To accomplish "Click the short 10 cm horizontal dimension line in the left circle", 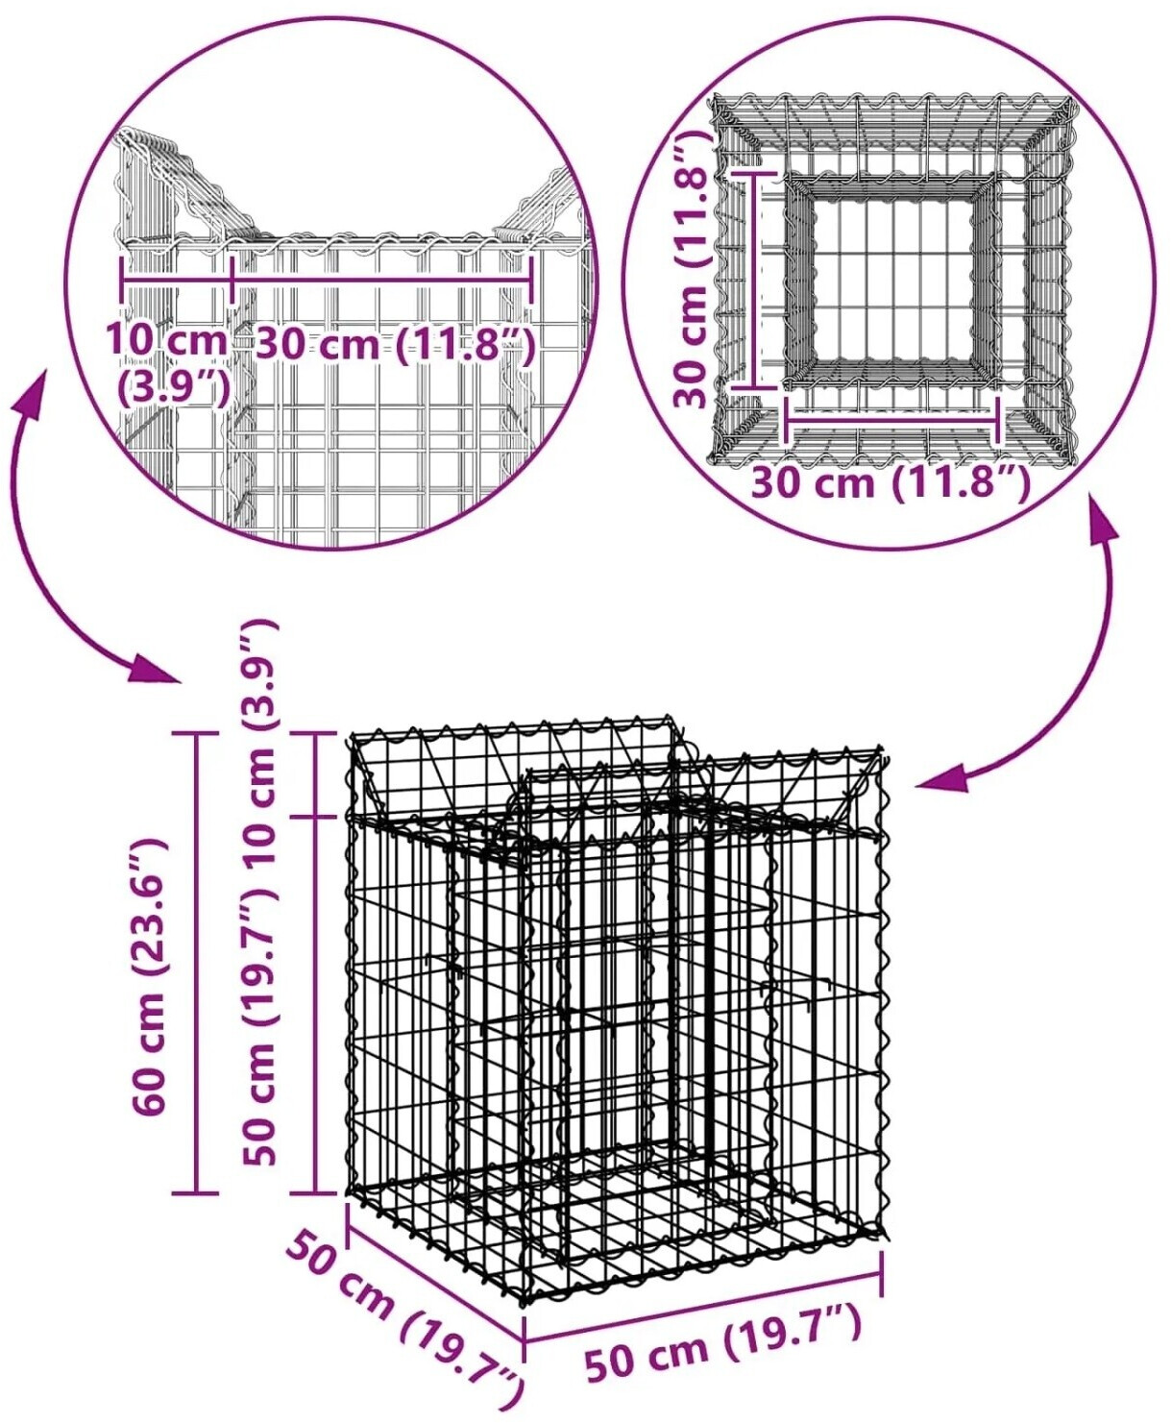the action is click(x=176, y=278).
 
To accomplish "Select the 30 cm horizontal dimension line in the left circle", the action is click(x=382, y=278).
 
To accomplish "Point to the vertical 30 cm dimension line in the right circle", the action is click(x=753, y=280).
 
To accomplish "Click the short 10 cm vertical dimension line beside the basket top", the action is click(x=315, y=773).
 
